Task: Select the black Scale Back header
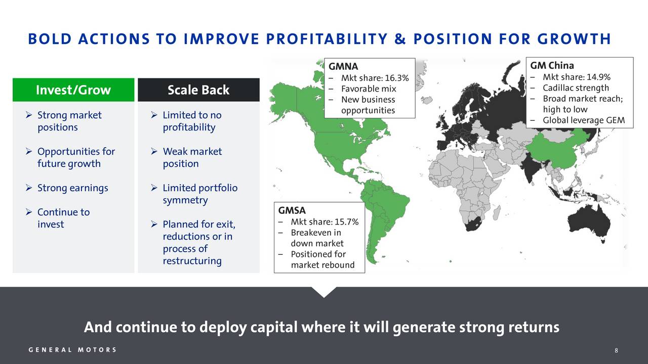coord(198,90)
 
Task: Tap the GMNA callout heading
coord(343,66)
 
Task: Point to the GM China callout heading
coord(552,66)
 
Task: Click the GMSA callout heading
coord(292,210)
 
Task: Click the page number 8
coord(616,350)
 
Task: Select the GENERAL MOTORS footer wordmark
coord(72,350)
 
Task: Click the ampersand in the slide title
coord(400,39)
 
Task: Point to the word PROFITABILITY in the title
coord(327,39)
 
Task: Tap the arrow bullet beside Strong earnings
coord(29,188)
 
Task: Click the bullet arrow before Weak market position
coord(154,151)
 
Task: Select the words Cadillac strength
coord(576,88)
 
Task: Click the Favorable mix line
coord(369,88)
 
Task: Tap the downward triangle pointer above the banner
coord(324,292)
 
